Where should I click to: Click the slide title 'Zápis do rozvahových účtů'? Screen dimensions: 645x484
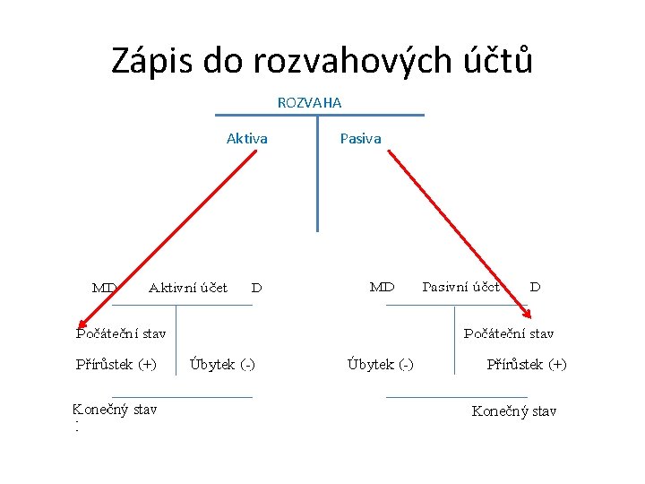322,60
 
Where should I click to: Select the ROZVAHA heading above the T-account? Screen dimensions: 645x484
309,103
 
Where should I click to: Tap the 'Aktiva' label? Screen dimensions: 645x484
246,139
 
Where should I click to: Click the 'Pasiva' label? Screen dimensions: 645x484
360,139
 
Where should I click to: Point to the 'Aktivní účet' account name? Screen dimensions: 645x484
187,288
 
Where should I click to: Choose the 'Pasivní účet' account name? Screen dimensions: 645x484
460,288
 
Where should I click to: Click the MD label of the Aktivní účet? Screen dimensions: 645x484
105,288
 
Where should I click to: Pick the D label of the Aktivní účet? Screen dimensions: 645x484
256,289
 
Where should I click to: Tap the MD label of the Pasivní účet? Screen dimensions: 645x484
383,288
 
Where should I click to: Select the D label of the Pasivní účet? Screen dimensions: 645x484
535,288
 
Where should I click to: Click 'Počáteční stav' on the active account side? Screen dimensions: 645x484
119,334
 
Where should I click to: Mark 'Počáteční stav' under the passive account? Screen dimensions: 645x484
509,334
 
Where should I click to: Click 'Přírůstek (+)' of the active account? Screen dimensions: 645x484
115,364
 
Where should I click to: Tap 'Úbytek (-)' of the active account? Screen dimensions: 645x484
222,364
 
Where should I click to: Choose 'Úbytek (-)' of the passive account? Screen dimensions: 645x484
380,364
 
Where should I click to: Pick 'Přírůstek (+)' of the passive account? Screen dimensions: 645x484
527,364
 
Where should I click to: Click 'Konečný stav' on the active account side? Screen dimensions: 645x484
115,411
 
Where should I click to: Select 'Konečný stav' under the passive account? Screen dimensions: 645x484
514,411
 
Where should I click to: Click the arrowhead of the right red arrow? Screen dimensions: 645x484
529,315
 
